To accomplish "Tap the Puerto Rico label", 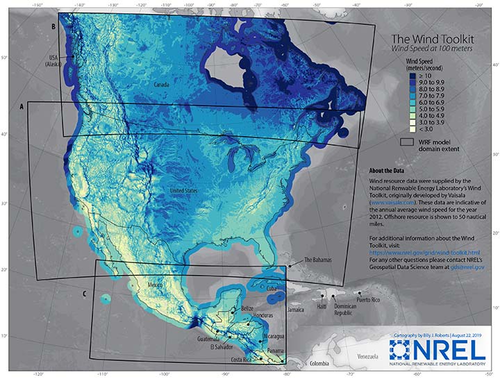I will click(x=370, y=301).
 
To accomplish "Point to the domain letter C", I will click(x=84, y=294).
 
